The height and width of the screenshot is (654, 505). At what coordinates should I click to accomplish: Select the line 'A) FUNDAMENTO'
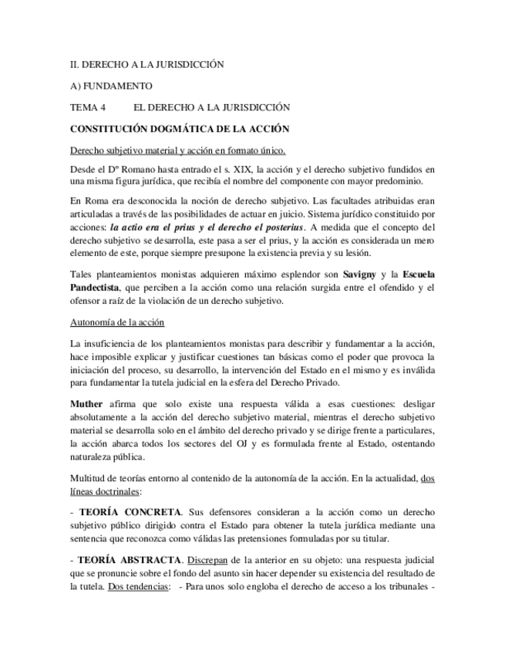click(x=110, y=86)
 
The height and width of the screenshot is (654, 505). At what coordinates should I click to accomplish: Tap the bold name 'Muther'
click(x=86, y=403)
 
